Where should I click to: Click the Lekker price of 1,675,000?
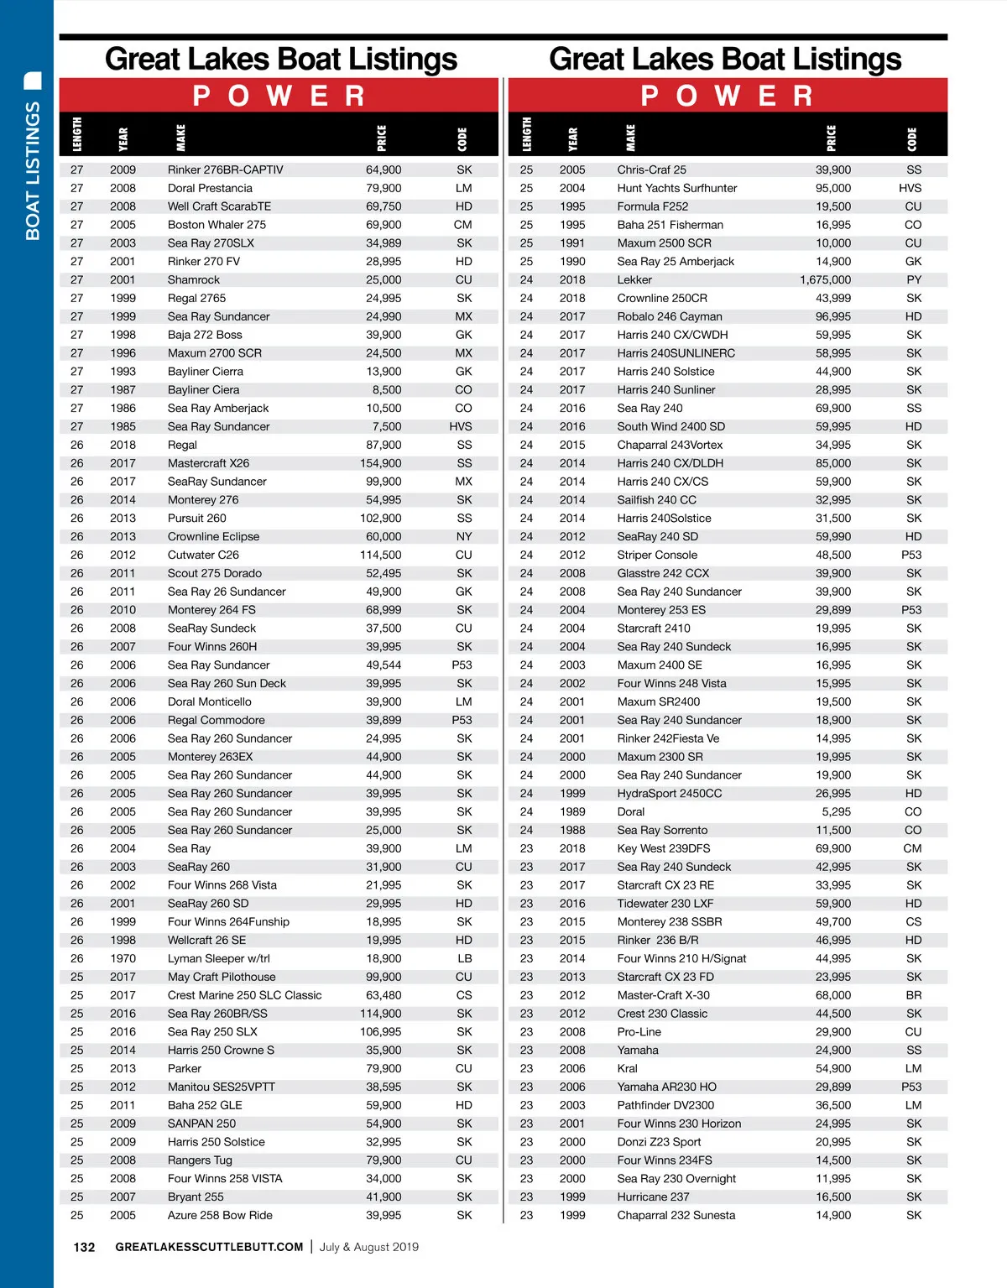(x=825, y=280)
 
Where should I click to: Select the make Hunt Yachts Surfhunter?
(x=677, y=189)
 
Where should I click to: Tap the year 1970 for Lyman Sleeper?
(x=123, y=959)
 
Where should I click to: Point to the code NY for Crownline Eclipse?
(x=464, y=537)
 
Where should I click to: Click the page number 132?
(x=84, y=1248)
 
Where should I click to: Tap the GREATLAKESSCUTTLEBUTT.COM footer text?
(x=209, y=1248)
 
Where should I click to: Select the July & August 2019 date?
(x=368, y=1248)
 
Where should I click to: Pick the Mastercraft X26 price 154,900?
(x=381, y=464)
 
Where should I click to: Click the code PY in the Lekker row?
(x=914, y=280)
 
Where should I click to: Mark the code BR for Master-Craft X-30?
(x=914, y=996)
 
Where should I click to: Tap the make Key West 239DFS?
(x=664, y=849)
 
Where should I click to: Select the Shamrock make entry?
(x=194, y=280)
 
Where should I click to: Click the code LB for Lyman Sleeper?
(x=464, y=959)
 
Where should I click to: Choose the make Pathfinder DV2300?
(x=665, y=1106)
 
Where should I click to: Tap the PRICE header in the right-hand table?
(x=831, y=138)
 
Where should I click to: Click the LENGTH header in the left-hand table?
(x=77, y=134)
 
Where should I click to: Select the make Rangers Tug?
(x=200, y=1160)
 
